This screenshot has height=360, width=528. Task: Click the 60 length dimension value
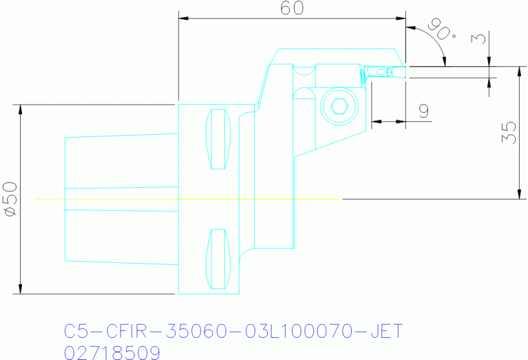[293, 8]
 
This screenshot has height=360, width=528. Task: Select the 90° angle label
[441, 28]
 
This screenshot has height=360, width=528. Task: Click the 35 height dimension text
[508, 133]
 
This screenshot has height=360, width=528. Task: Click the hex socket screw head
[338, 106]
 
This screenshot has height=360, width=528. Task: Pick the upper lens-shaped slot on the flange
[218, 139]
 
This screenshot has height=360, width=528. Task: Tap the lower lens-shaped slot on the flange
[218, 259]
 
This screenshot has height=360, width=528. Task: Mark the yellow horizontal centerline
[186, 199]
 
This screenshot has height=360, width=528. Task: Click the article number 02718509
[112, 352]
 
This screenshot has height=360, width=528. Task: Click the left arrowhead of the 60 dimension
[182, 19]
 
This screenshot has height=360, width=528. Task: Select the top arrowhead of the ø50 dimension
[21, 109]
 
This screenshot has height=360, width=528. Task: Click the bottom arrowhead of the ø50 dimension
[21, 289]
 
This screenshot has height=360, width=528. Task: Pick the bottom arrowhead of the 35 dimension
[517, 195]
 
